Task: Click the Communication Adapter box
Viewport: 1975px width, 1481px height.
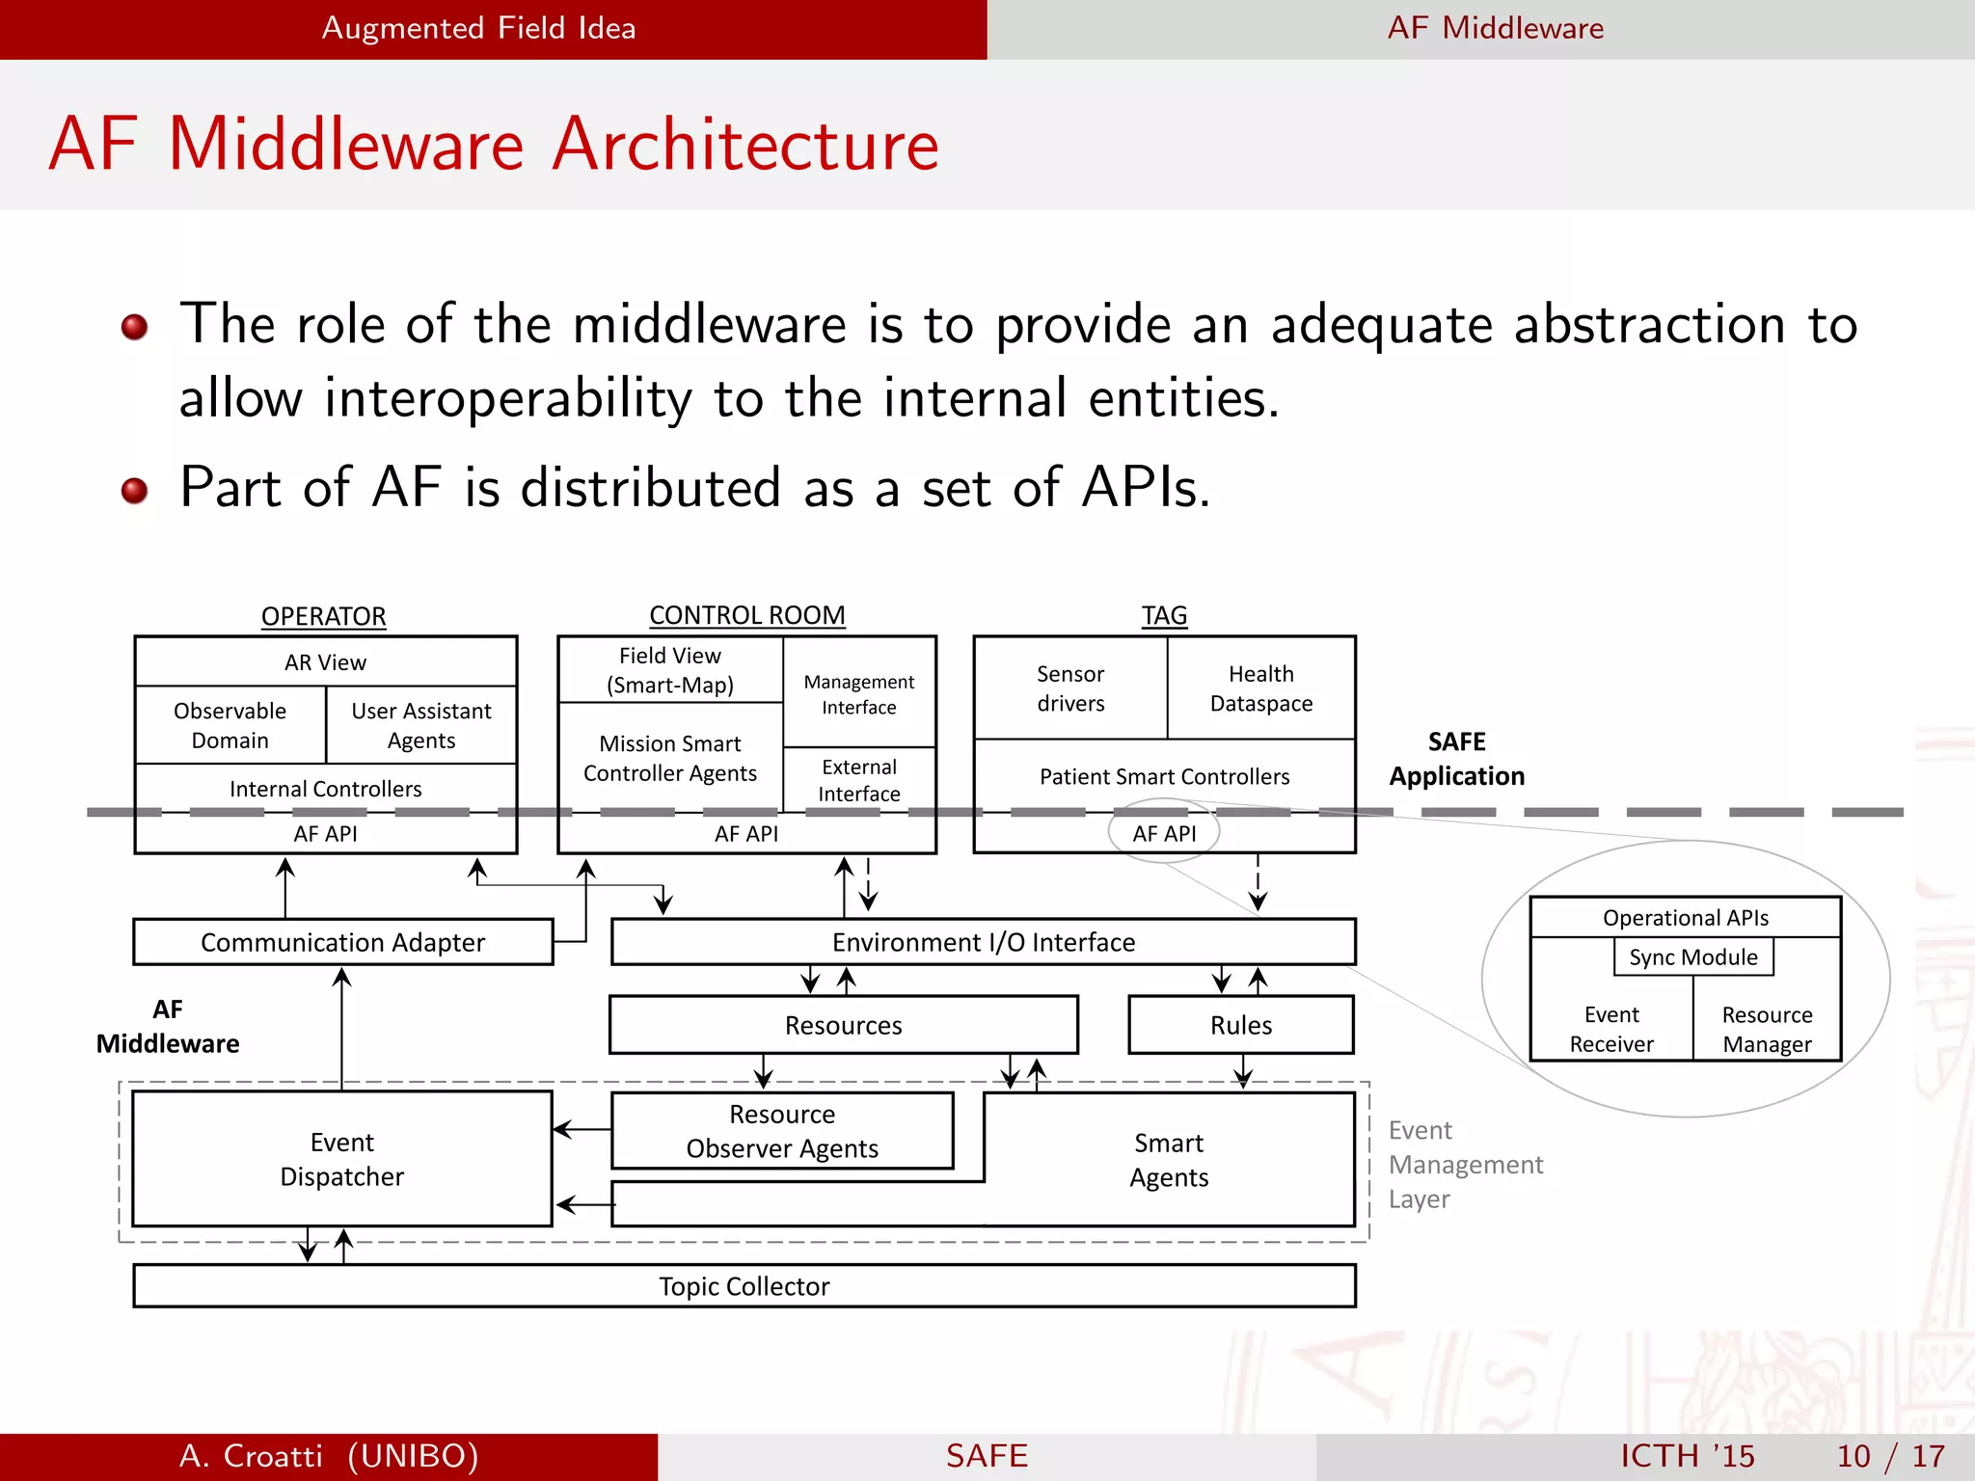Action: point(342,942)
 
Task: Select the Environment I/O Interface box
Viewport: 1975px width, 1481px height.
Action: point(983,942)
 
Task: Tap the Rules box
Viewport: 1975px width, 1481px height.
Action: point(1240,1025)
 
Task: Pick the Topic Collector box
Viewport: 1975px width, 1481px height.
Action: point(744,1286)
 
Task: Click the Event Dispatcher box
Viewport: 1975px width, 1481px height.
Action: point(341,1159)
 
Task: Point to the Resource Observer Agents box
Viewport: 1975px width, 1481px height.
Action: point(782,1131)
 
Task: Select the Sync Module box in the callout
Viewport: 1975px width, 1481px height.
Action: point(1692,957)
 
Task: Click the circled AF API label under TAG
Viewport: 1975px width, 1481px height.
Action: point(1164,833)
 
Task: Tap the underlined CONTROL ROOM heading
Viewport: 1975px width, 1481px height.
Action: point(746,615)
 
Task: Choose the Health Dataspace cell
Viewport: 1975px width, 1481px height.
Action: point(1260,688)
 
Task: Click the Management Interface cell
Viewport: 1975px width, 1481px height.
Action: point(858,694)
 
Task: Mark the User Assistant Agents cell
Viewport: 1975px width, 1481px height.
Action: point(420,725)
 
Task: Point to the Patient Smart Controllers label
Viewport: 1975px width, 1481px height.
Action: point(1164,776)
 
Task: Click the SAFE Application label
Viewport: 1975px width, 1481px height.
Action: point(1456,759)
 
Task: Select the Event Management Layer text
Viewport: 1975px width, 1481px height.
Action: point(1464,1165)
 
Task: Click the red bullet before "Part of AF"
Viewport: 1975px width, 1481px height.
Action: point(134,491)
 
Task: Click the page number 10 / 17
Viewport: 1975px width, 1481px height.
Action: point(1890,1456)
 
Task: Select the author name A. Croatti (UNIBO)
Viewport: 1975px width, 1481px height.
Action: point(329,1456)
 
